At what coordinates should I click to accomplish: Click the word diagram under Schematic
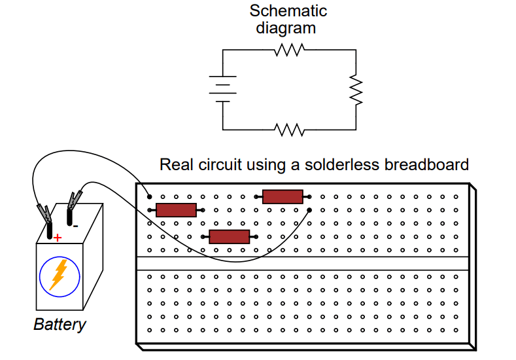pyautogui.click(x=286, y=28)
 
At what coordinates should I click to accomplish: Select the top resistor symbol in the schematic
pyautogui.click(x=290, y=50)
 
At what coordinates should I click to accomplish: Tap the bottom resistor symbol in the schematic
pyautogui.click(x=290, y=130)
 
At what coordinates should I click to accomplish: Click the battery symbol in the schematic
pyautogui.click(x=222, y=88)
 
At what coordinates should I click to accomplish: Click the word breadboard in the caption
pyautogui.click(x=426, y=165)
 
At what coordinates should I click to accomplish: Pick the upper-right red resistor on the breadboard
pyautogui.click(x=283, y=196)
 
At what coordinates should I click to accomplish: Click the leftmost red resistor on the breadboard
pyautogui.click(x=176, y=210)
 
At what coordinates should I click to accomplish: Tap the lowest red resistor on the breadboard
pyautogui.click(x=229, y=237)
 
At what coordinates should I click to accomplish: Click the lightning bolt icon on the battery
pyautogui.click(x=60, y=275)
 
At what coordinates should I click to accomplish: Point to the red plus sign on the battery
pyautogui.click(x=58, y=238)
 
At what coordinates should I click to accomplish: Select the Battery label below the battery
pyautogui.click(x=60, y=324)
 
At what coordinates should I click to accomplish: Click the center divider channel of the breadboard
pyautogui.click(x=303, y=264)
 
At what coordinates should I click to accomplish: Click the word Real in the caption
pyautogui.click(x=174, y=165)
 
